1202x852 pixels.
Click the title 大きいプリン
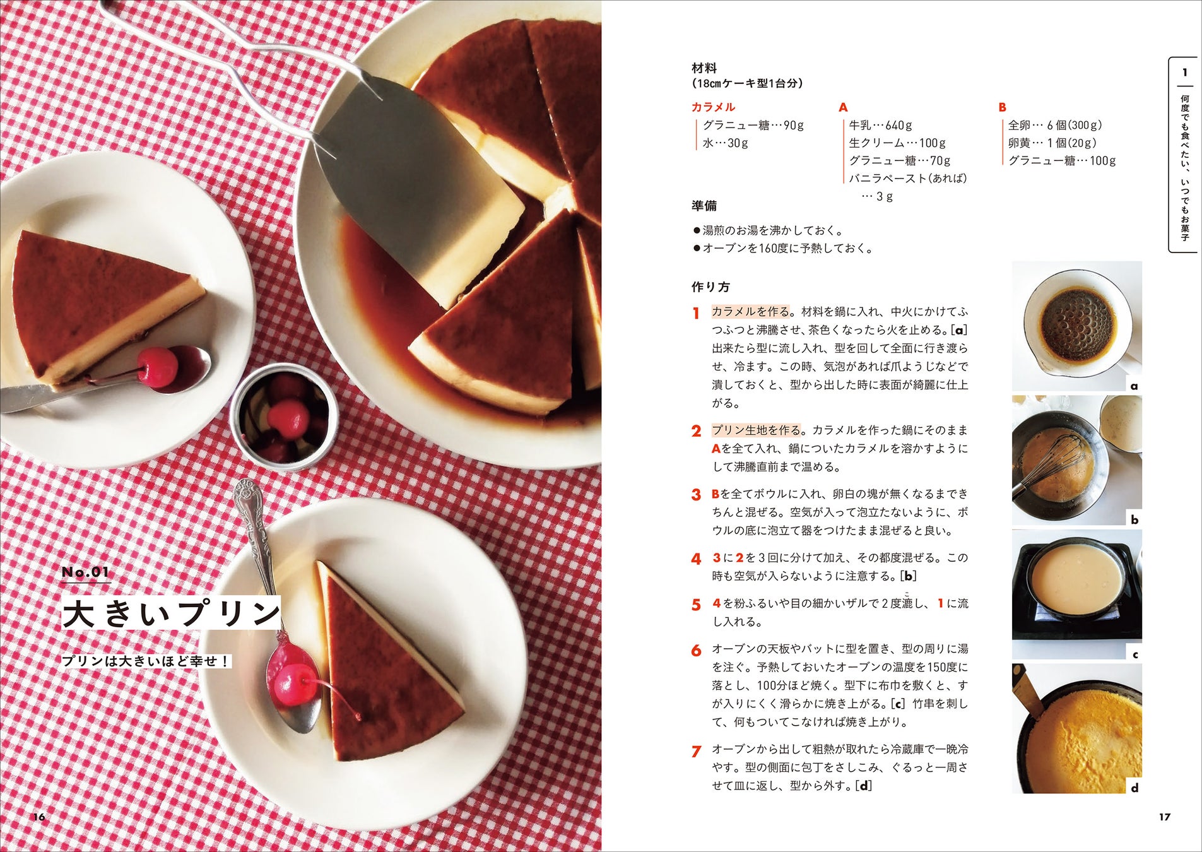(x=172, y=613)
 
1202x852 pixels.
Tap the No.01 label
(x=86, y=572)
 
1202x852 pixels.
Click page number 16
(x=39, y=817)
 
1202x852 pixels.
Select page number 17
(x=1165, y=817)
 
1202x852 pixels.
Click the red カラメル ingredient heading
(x=713, y=107)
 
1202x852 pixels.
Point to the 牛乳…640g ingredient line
(x=880, y=125)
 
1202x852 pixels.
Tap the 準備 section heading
(x=704, y=206)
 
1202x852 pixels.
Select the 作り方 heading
(x=710, y=287)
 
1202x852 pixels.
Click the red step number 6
(x=696, y=651)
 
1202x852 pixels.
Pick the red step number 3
(x=696, y=495)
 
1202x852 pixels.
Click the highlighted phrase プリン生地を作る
(x=756, y=430)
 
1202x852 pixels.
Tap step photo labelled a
(x=1076, y=326)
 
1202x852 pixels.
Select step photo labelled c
(x=1076, y=595)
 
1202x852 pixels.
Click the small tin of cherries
(x=284, y=417)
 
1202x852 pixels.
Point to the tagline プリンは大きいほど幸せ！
(x=146, y=661)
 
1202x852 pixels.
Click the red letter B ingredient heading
(x=1003, y=107)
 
